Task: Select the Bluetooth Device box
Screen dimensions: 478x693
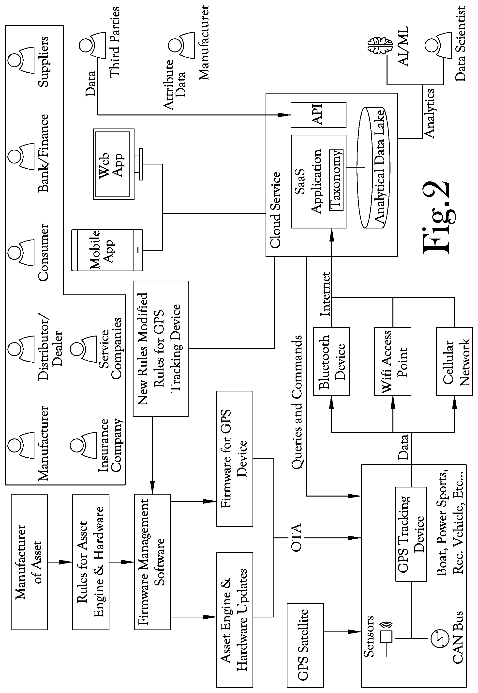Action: (331, 361)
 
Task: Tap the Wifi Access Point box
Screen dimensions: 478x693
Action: (393, 361)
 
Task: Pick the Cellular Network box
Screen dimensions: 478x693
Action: (454, 361)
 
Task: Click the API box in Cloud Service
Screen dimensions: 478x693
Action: (318, 115)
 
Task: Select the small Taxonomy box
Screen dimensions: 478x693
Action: (336, 180)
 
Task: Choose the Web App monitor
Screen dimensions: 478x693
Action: (114, 164)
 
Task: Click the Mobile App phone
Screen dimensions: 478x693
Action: (107, 250)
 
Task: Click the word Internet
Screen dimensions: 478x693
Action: (326, 294)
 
